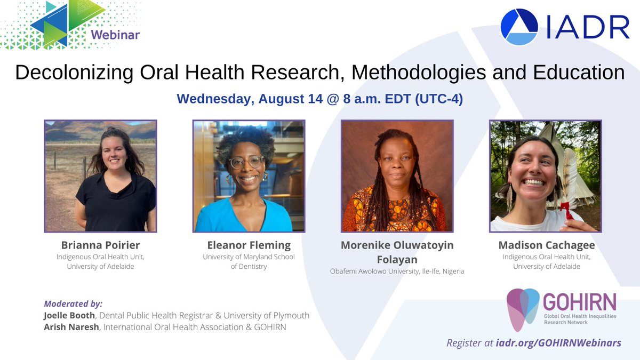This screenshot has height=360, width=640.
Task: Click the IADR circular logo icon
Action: pos(519,27)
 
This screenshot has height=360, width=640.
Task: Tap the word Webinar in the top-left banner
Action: pos(115,35)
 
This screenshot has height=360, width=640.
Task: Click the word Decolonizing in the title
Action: pos(74,73)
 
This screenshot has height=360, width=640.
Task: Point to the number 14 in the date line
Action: pos(315,99)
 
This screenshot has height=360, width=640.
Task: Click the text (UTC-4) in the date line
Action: pos(439,99)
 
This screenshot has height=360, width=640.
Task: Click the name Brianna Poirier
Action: pos(101,245)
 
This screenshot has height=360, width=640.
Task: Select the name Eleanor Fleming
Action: pos(249,245)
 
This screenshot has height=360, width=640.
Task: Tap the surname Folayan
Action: pos(397,259)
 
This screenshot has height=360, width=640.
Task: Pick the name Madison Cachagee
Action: pos(547,245)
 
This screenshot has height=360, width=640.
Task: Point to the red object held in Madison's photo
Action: pos(567,210)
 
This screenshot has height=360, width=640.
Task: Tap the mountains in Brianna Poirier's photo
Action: pos(100,131)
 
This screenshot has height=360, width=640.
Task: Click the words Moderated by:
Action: pos(73,303)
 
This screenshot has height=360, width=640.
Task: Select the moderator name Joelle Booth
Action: pos(69,315)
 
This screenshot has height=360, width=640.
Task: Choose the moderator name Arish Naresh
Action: pos(71,327)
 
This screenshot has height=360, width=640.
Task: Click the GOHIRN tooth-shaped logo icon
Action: pos(523,309)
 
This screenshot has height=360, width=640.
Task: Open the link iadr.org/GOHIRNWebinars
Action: pos(558,342)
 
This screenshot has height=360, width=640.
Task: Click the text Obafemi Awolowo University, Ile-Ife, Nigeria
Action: pos(397,271)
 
